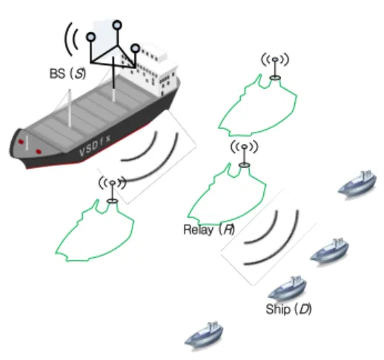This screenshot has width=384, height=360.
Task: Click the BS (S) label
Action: coord(67,73)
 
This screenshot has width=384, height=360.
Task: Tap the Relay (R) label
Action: coord(209,230)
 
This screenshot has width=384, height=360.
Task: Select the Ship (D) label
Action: coord(288,309)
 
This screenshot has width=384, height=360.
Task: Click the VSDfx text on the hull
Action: coord(95,146)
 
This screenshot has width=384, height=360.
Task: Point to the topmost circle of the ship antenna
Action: coord(117,25)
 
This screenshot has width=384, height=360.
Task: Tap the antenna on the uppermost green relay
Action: coord(275,66)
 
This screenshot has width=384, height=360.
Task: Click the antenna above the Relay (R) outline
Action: coord(244,153)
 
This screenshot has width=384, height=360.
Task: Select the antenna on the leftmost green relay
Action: coord(113,190)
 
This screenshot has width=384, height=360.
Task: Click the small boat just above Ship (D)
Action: coord(287,287)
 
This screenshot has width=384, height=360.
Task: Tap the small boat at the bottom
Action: coord(204,336)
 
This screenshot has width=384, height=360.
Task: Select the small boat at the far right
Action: coord(357,183)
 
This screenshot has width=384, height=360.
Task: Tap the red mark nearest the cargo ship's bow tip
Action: coord(21,141)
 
